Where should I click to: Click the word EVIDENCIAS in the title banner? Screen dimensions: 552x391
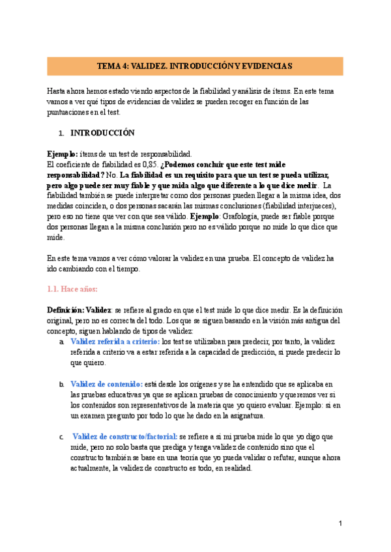tap(266, 66)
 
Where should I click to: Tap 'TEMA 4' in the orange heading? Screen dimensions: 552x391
tap(112, 66)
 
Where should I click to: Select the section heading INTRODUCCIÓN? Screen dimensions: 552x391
tap(102, 133)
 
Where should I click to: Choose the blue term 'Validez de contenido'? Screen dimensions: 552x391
tap(106, 385)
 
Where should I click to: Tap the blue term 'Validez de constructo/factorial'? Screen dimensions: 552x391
tap(125, 437)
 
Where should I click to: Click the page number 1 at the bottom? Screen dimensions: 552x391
tap(340, 524)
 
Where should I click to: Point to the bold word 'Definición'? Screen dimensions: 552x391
tap(65, 310)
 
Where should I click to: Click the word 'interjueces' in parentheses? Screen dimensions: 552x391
tap(310, 204)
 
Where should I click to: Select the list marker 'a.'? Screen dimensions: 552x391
tap(61, 342)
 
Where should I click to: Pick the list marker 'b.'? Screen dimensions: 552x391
tap(61, 385)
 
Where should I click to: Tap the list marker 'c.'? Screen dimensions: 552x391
tap(61, 437)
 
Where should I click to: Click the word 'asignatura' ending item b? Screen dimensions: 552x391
tap(243, 416)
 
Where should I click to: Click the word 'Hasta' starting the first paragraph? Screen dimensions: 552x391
tap(57, 91)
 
